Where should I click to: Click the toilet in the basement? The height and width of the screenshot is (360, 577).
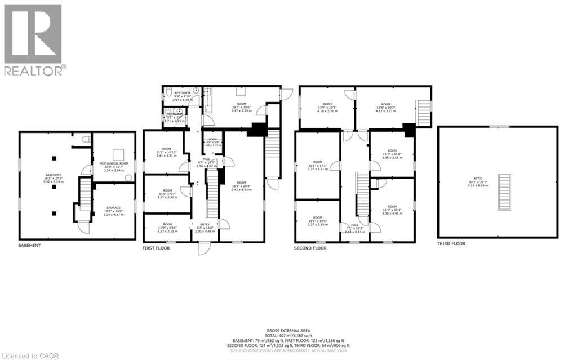coord(86,139)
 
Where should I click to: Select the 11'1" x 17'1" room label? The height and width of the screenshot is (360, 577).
coord(317,165)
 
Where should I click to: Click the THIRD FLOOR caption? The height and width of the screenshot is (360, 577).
coord(452,243)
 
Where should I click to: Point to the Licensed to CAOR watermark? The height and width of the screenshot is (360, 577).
coord(27,354)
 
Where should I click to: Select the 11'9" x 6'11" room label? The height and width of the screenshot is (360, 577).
coord(167,228)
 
